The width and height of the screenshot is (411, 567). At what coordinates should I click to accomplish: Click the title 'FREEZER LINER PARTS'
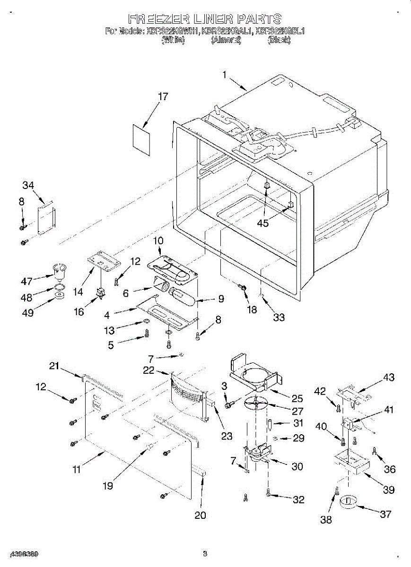(x=205, y=19)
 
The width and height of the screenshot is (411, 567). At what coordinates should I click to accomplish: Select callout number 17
(x=163, y=97)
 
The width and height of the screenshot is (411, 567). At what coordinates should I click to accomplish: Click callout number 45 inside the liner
(x=262, y=223)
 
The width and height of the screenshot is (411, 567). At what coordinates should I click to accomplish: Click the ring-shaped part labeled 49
(x=60, y=296)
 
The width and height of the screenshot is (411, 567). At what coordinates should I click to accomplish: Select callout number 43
(x=388, y=378)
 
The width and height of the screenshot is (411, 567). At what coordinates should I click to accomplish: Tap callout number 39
(x=388, y=490)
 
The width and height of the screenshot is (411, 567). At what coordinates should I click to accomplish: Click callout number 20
(x=201, y=515)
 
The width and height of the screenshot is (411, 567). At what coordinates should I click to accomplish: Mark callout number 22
(x=149, y=370)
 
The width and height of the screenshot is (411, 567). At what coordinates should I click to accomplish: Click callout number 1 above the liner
(x=225, y=74)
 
